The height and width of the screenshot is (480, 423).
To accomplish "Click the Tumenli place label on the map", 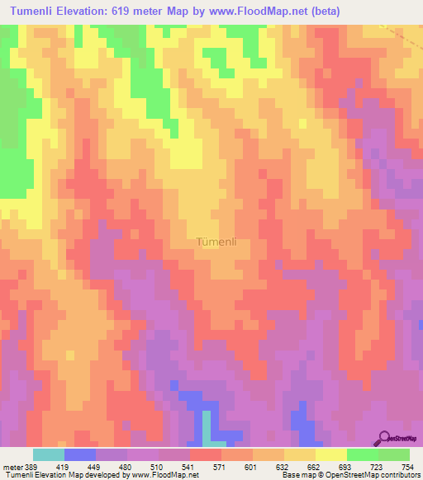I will pos(218,242).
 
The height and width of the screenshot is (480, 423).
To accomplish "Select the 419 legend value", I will pos(63,466).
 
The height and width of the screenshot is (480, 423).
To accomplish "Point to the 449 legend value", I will pos(94,466).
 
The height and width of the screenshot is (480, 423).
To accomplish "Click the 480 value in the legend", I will pos(126,466).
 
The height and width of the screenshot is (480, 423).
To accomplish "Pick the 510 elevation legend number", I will pos(158,466).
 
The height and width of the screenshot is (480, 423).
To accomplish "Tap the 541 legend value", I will pos(188,466).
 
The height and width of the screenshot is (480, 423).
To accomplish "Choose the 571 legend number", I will pos(221,466).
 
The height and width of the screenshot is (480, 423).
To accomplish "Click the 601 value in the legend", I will pos(251,466).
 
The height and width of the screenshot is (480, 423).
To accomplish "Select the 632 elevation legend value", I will pos(283,466).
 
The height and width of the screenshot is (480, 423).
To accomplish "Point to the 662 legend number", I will pos(315,466).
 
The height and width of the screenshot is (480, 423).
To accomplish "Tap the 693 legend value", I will pos(346,466).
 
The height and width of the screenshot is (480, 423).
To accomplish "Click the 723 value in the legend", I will pos(378,466).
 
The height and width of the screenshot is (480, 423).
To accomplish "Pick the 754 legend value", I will pos(407,466).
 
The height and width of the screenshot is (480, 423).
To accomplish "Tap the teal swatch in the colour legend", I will pos(49,454).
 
